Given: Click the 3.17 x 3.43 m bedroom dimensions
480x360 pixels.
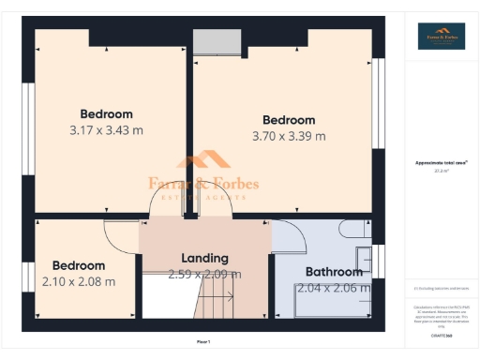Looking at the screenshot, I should (x=106, y=130).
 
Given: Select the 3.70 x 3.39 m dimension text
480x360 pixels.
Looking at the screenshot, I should (x=289, y=136).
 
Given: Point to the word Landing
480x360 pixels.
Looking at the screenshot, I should (x=204, y=258).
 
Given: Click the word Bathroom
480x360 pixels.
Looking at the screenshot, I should (x=335, y=272).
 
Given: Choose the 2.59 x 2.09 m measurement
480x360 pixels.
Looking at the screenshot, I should (x=204, y=275).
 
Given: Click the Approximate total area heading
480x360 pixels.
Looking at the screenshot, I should (x=441, y=162).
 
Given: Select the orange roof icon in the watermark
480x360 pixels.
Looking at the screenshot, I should (x=204, y=160).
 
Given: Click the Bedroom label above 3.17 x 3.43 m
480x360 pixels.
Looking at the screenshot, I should (x=106, y=114).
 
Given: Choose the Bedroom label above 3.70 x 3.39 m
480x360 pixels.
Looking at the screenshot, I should (x=289, y=120).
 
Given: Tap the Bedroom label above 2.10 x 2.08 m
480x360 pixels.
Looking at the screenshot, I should (x=79, y=265).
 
